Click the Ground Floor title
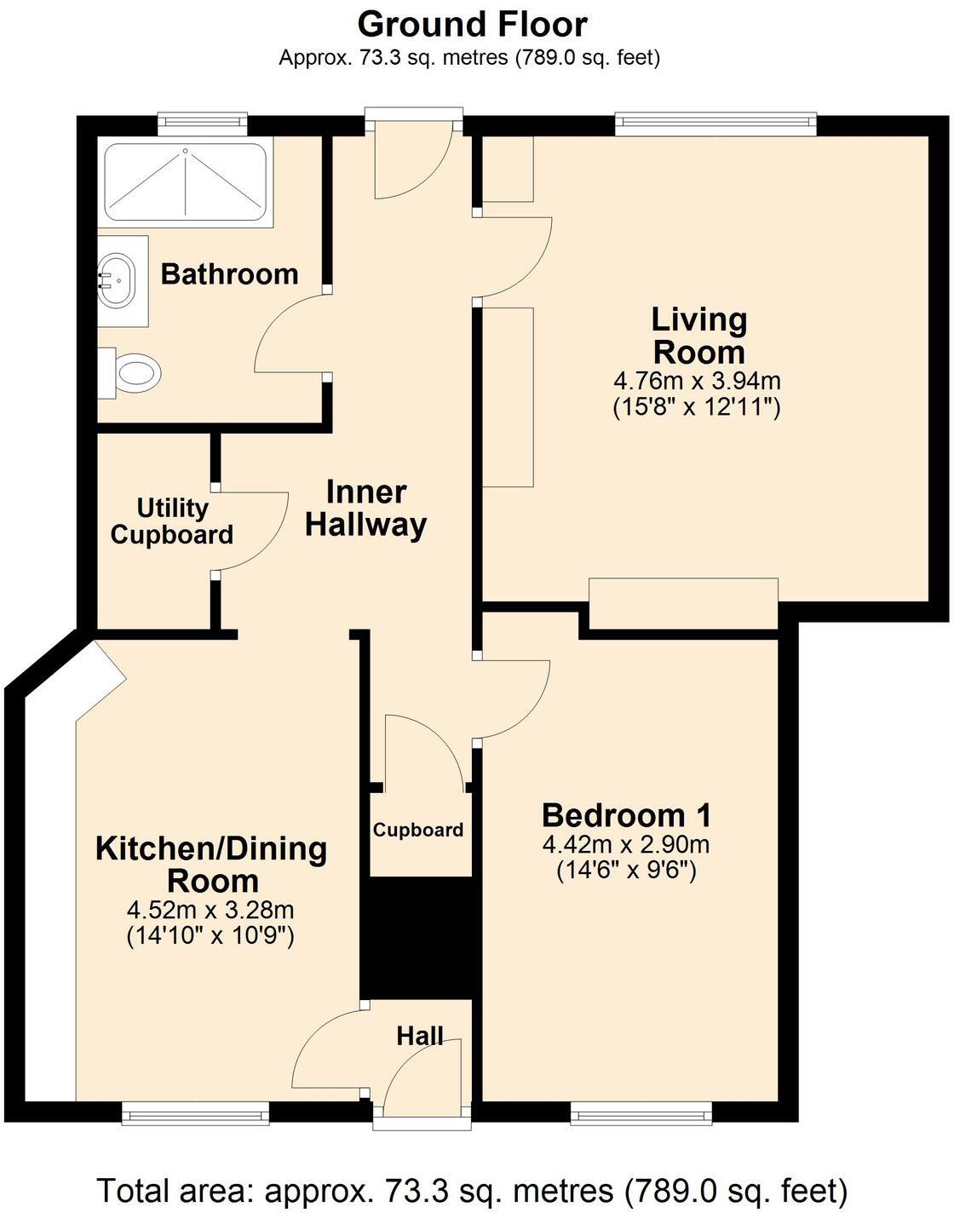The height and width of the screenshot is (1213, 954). pos(472,25)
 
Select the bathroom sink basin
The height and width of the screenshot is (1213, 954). pos(116,279)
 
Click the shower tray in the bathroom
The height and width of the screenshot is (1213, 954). pos(185,182)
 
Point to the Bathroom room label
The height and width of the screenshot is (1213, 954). pos(229,274)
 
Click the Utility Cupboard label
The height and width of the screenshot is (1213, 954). pos(172,521)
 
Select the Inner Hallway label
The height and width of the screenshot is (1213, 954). pos(366,508)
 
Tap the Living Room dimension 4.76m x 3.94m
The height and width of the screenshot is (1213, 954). pos(697,380)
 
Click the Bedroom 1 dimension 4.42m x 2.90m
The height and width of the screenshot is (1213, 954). pos(626,845)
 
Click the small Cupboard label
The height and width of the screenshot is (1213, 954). pos(417,830)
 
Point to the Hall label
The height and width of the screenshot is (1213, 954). pos(419,1035)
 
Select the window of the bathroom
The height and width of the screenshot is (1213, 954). pos(203,124)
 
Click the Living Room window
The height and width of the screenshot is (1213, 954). pos(715,124)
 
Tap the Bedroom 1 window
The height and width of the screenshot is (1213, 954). pos(641,1112)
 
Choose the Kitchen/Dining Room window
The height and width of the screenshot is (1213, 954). pos(195,1112)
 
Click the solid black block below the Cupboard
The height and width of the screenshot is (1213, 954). pos(417,937)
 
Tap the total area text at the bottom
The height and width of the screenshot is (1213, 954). pos(472,1189)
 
